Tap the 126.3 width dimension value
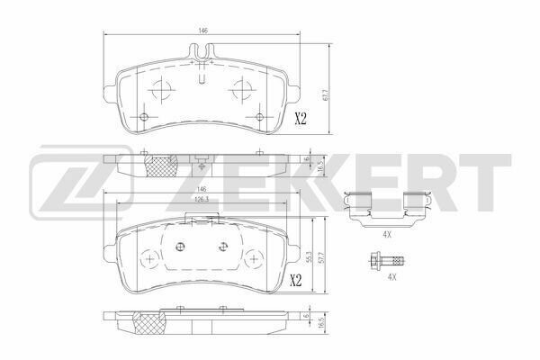(202, 199)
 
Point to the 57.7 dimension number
(323, 256)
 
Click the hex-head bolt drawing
(387, 261)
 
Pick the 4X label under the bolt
(391, 276)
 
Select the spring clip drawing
(387, 209)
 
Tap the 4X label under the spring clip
(387, 235)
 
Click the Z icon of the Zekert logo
(82, 183)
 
